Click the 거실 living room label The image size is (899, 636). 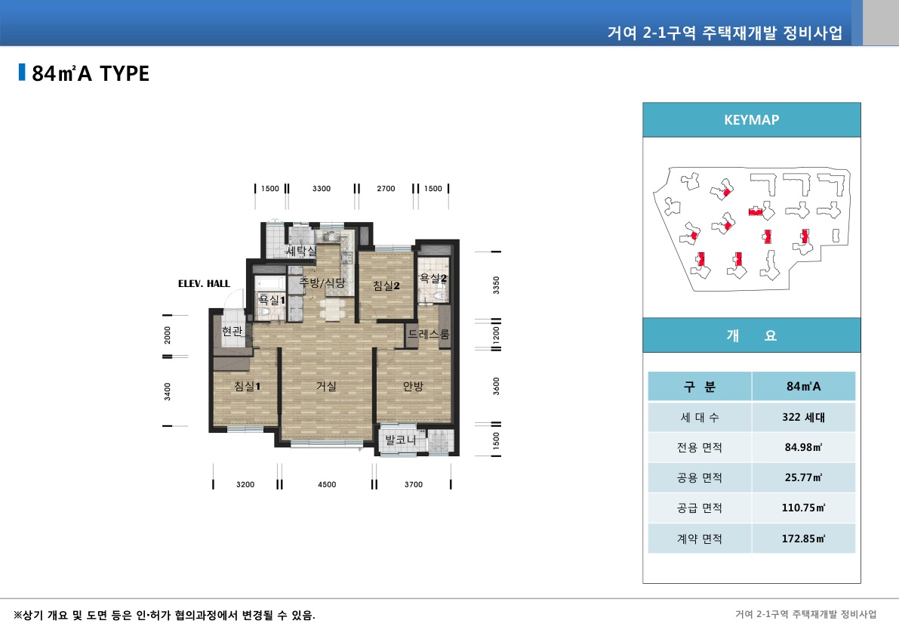point(326,386)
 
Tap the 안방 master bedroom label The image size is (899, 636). point(413,386)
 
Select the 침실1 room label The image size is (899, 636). point(247,386)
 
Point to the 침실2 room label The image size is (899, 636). point(386,286)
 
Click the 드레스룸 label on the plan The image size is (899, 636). point(428,334)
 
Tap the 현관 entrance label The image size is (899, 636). point(232,332)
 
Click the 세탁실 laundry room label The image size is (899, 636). point(301,251)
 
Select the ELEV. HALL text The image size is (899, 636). point(204,284)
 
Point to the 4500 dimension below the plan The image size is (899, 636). point(327,485)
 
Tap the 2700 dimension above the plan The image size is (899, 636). point(386,189)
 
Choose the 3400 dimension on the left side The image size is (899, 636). point(168,391)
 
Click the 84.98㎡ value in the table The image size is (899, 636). point(803,447)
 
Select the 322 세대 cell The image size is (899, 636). point(803,417)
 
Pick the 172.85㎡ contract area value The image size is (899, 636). point(803,539)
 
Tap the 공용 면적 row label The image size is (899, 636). point(699,477)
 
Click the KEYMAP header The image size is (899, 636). point(751,119)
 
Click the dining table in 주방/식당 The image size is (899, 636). point(333,309)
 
